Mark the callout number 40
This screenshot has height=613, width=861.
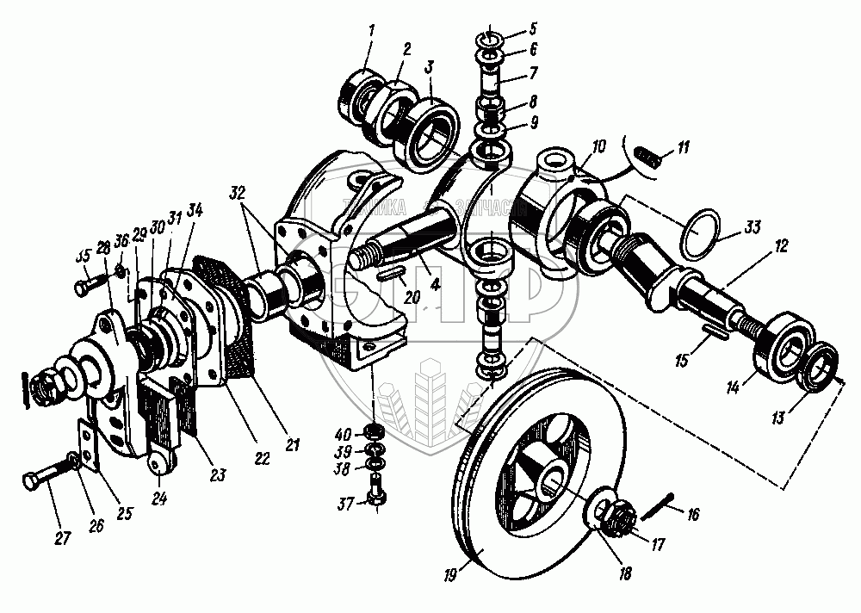[344, 432]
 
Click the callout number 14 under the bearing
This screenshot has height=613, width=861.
[734, 388]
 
